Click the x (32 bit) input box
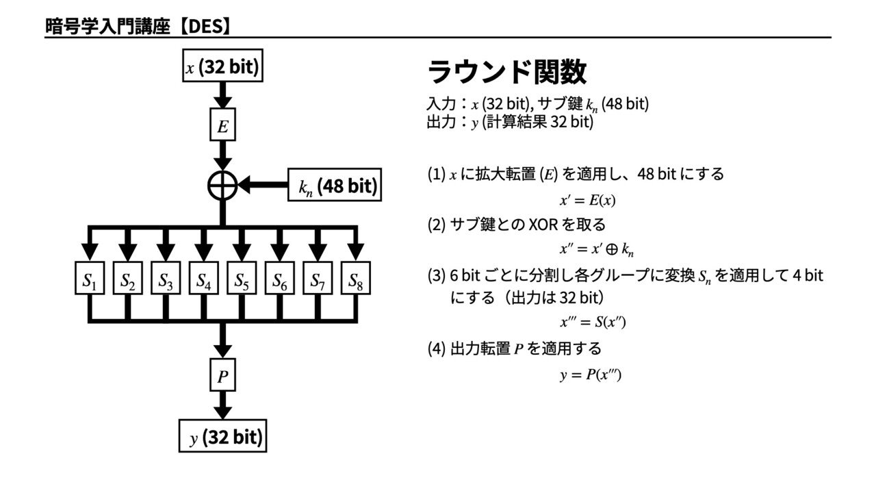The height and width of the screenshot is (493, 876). pyautogui.click(x=222, y=67)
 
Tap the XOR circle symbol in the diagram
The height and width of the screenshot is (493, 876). pyautogui.click(x=222, y=186)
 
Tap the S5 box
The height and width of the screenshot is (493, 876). pyautogui.click(x=242, y=280)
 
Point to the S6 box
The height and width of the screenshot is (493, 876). pyautogui.click(x=279, y=280)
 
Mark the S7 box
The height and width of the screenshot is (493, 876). pyautogui.click(x=317, y=280)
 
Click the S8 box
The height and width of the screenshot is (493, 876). pyautogui.click(x=355, y=280)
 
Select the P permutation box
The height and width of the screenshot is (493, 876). pyautogui.click(x=222, y=375)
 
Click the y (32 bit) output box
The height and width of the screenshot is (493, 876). pyautogui.click(x=222, y=437)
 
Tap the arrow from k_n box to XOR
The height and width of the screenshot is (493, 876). pyautogui.click(x=263, y=186)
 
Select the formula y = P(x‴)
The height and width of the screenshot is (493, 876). pyautogui.click(x=590, y=375)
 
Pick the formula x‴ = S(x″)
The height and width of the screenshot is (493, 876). pyautogui.click(x=592, y=323)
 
